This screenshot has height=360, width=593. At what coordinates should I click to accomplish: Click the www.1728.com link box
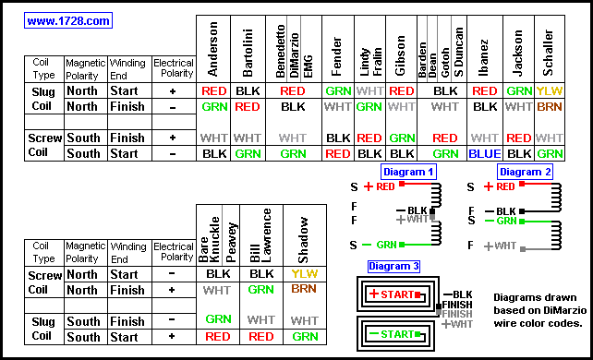68,20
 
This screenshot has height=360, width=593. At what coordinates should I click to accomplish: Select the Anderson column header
213,49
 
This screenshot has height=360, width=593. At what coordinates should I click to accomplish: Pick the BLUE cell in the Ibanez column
484,154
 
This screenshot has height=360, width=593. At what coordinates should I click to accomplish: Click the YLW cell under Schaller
550,91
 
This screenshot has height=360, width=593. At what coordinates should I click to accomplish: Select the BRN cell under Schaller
550,107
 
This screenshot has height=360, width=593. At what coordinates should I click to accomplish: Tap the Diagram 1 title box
408,172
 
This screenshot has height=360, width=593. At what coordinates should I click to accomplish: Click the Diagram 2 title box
525,172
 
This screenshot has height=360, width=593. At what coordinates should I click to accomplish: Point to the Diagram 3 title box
393,267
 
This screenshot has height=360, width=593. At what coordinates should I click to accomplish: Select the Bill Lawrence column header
261,235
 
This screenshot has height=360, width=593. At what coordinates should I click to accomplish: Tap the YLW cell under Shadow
305,274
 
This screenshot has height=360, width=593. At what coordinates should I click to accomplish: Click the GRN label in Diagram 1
386,245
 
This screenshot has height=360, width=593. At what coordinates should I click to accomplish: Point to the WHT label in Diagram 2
505,246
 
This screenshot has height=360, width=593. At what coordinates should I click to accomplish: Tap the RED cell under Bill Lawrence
261,337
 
